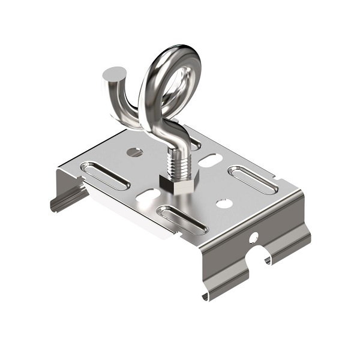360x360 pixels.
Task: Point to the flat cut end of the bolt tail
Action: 112,75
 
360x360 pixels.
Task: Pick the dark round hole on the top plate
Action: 135,152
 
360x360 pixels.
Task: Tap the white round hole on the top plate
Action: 224,204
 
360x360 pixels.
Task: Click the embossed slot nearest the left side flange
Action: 106,176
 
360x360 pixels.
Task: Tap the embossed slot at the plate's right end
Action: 252,179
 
